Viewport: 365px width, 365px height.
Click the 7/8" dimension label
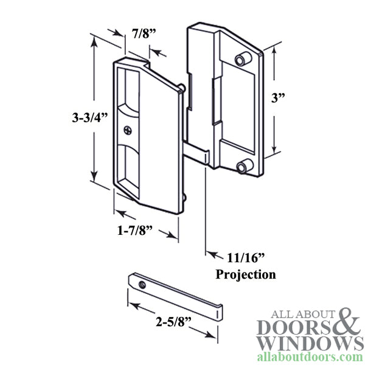[x=145, y=34]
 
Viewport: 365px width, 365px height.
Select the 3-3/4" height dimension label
[x=89, y=119]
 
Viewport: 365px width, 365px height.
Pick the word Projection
[x=246, y=274]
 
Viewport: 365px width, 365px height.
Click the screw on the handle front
[x=127, y=130]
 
